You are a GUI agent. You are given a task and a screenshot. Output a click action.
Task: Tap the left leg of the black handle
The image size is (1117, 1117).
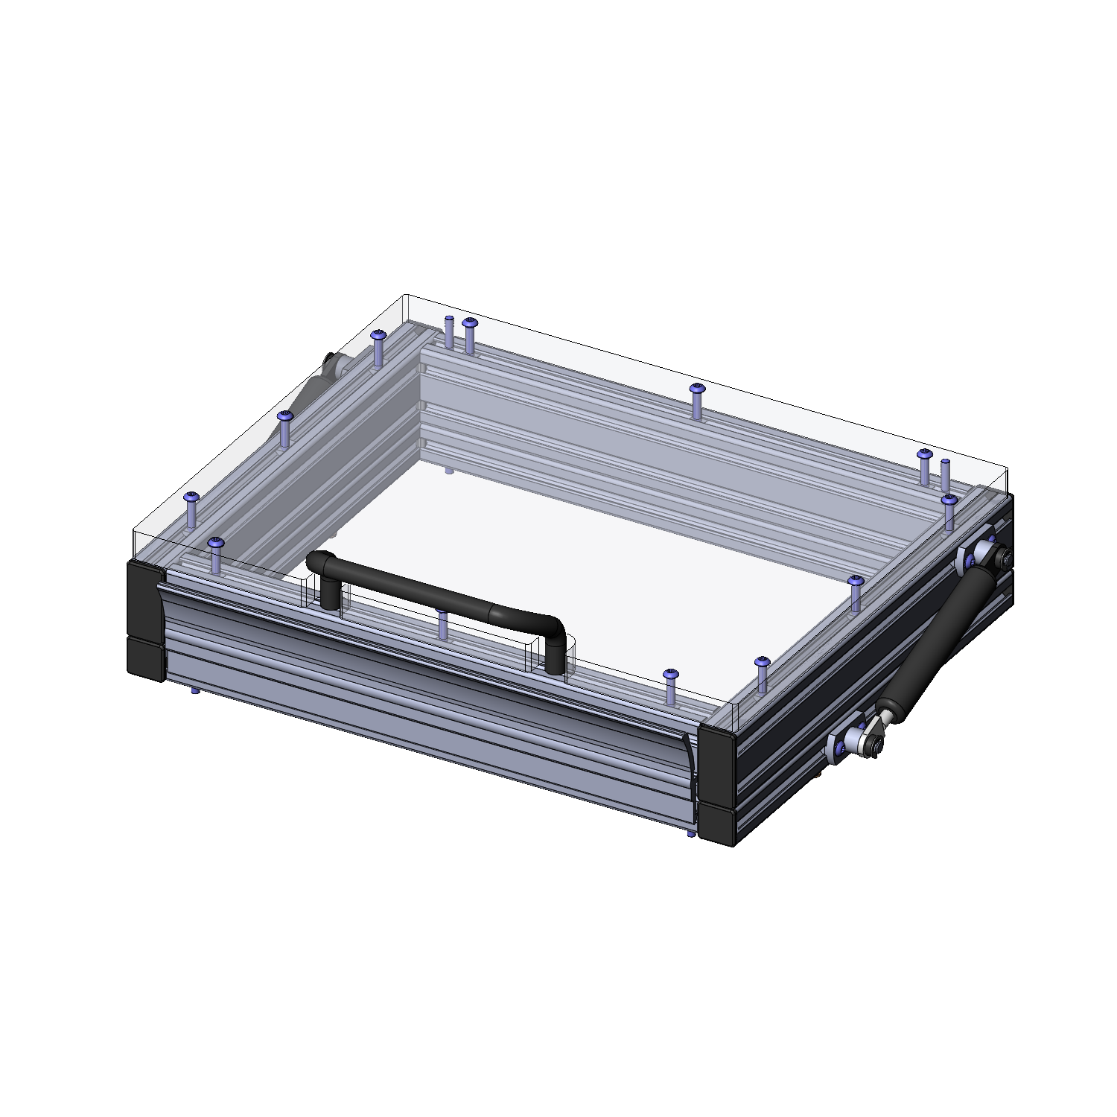pyautogui.click(x=328, y=592)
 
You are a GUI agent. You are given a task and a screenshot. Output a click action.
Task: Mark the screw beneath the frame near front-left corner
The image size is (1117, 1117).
pyautogui.click(x=195, y=691)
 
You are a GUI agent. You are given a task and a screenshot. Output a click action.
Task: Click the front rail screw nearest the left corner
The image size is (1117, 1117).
pyautogui.click(x=216, y=555)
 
